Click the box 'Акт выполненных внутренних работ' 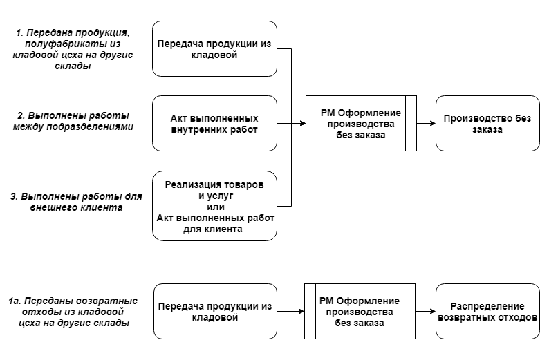tap(214, 123)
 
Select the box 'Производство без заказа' tap(487, 123)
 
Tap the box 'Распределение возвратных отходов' tap(487, 311)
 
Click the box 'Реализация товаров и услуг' tap(214, 206)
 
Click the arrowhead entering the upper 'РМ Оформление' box tap(303, 123)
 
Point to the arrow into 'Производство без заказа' tap(426, 123)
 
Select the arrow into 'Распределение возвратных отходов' tap(425, 311)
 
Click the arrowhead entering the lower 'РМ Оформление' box tap(301, 311)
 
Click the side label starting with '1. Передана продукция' tap(73, 49)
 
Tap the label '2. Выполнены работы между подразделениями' tap(73, 121)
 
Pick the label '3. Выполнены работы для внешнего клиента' tap(76, 202)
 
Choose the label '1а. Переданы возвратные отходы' tap(73, 312)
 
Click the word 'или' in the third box tap(216, 207)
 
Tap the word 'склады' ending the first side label tap(73, 66)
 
